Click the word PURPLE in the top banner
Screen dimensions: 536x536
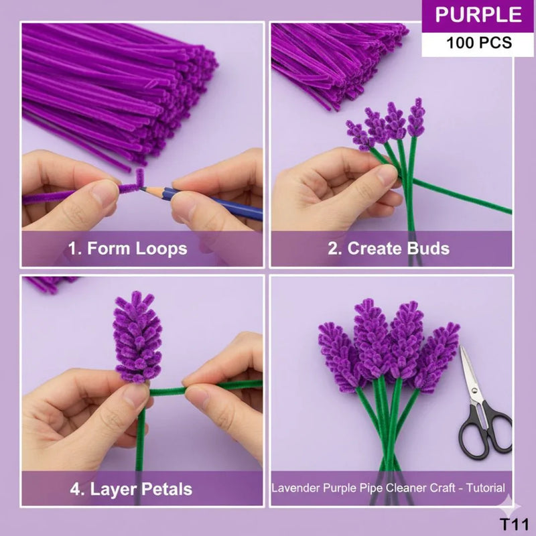478,15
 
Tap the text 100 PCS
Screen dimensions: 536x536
478,43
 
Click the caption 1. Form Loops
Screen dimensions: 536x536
127,249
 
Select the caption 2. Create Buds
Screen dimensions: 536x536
388,249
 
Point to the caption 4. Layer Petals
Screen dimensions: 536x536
131,488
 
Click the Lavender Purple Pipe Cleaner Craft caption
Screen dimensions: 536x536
388,488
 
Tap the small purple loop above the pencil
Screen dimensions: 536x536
141,178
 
